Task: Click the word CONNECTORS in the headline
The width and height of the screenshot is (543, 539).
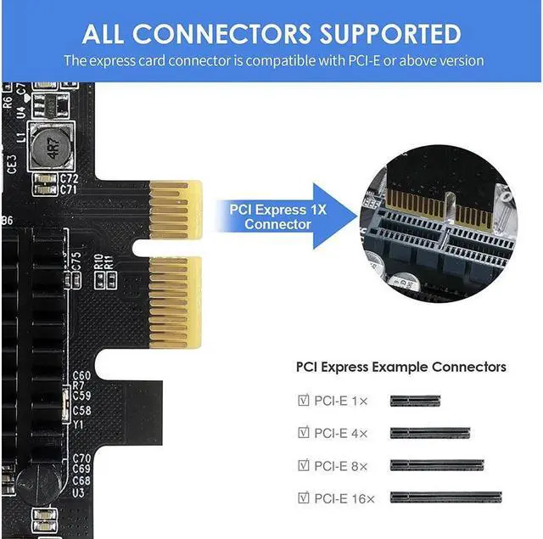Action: [x=221, y=33]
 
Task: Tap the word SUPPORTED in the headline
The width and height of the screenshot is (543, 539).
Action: [x=389, y=33]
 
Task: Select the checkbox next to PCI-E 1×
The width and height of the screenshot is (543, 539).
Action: [x=304, y=400]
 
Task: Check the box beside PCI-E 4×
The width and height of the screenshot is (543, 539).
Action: [x=304, y=432]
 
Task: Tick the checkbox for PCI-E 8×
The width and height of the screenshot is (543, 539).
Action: [x=304, y=464]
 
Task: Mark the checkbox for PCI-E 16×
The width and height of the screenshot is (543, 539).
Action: [x=304, y=497]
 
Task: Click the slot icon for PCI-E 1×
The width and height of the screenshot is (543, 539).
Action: [x=415, y=400]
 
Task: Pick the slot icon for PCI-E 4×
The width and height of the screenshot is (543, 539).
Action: [x=430, y=433]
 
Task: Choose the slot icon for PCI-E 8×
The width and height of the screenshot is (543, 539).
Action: [x=437, y=465]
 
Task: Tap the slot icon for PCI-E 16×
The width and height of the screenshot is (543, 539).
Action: [x=446, y=497]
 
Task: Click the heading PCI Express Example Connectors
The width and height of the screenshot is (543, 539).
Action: [x=400, y=367]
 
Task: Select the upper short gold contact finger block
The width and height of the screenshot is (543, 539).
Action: [x=174, y=209]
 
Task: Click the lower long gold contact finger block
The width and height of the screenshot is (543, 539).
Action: [x=169, y=303]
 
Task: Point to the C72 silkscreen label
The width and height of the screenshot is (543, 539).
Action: [x=69, y=179]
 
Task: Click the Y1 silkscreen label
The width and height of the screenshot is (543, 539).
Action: [x=78, y=424]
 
